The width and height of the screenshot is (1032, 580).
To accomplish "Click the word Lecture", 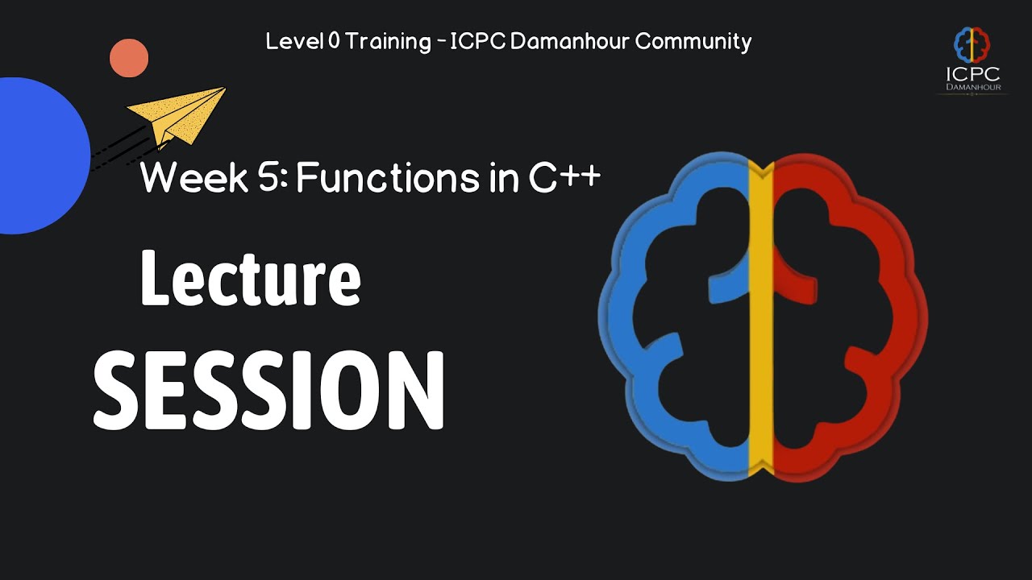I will (250, 278).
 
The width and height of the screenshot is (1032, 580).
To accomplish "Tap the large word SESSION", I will (268, 391).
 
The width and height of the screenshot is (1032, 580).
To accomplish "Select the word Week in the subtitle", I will (181, 177).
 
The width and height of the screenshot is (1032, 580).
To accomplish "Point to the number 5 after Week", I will (268, 177).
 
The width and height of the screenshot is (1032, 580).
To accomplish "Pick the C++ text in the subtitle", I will (565, 177).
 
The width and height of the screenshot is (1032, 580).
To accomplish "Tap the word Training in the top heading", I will (389, 42).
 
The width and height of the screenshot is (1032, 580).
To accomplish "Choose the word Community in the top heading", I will (693, 42).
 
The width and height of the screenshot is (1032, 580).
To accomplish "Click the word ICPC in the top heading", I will (477, 42).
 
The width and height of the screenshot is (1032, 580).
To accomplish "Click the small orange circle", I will (129, 58).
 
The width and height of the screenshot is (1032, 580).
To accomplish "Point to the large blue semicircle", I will (40, 155).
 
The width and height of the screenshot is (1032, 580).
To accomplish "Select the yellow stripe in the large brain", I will (761, 322).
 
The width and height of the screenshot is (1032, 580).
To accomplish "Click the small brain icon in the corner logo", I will (972, 45).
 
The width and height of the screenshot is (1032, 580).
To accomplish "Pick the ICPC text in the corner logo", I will (972, 74).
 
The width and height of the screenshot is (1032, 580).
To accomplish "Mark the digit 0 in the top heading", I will (335, 42).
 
